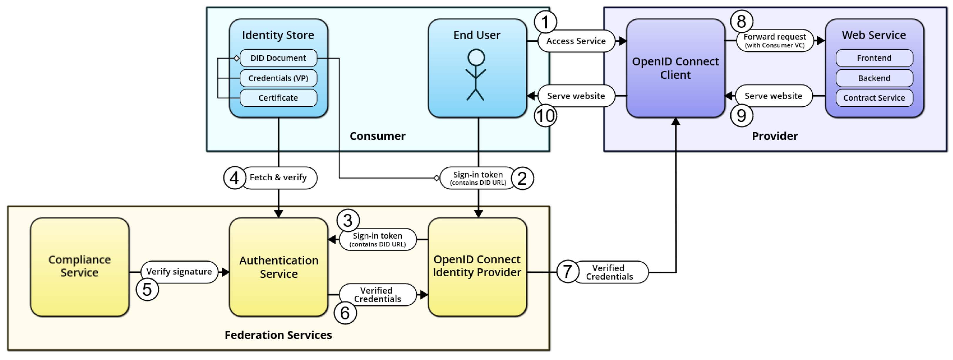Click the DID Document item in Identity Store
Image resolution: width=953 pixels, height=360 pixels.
point(278,58)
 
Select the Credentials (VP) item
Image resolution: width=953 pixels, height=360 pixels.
point(278,78)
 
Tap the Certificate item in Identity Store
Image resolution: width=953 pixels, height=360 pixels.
point(278,98)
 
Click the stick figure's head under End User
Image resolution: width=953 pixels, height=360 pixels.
point(476,57)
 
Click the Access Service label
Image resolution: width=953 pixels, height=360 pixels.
point(576,41)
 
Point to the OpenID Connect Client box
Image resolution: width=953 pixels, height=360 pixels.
point(675,68)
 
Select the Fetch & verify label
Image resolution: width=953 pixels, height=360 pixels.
point(278,178)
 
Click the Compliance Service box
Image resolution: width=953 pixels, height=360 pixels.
point(80,266)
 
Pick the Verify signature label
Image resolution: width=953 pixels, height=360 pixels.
point(179,272)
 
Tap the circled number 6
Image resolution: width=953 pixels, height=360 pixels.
point(345,313)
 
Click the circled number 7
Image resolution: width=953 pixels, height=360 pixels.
point(567,272)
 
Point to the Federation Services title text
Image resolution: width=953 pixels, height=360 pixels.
point(278,335)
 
